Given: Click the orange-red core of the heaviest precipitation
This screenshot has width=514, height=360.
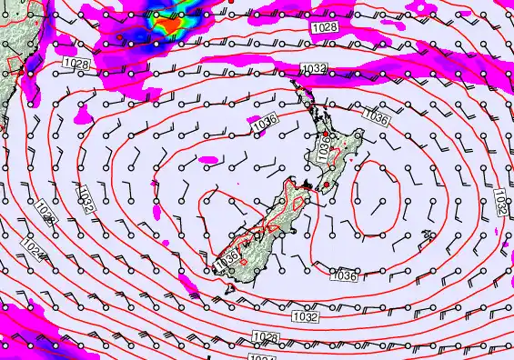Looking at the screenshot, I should [171, 26].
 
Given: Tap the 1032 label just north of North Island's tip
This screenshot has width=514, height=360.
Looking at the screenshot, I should [314, 69].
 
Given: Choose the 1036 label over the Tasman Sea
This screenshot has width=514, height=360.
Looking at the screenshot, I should [265, 120].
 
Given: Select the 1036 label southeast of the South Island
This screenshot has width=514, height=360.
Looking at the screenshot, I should [343, 275].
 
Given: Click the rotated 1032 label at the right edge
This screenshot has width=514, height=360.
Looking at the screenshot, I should [502, 203].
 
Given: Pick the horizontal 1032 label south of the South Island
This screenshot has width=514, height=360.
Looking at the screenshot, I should [306, 317].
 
